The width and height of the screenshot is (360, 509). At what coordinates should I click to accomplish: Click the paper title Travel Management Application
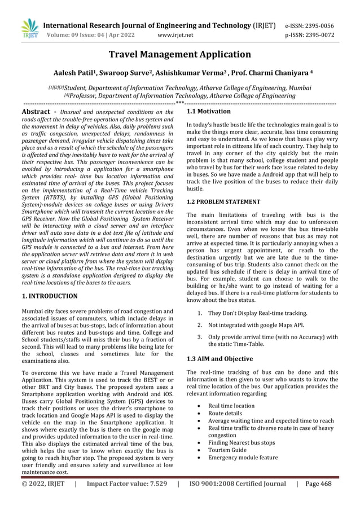click(x=179, y=55)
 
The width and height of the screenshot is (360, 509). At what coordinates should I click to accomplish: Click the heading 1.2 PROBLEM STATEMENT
click(x=223, y=201)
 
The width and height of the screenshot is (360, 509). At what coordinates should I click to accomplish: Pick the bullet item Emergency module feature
click(x=243, y=458)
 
